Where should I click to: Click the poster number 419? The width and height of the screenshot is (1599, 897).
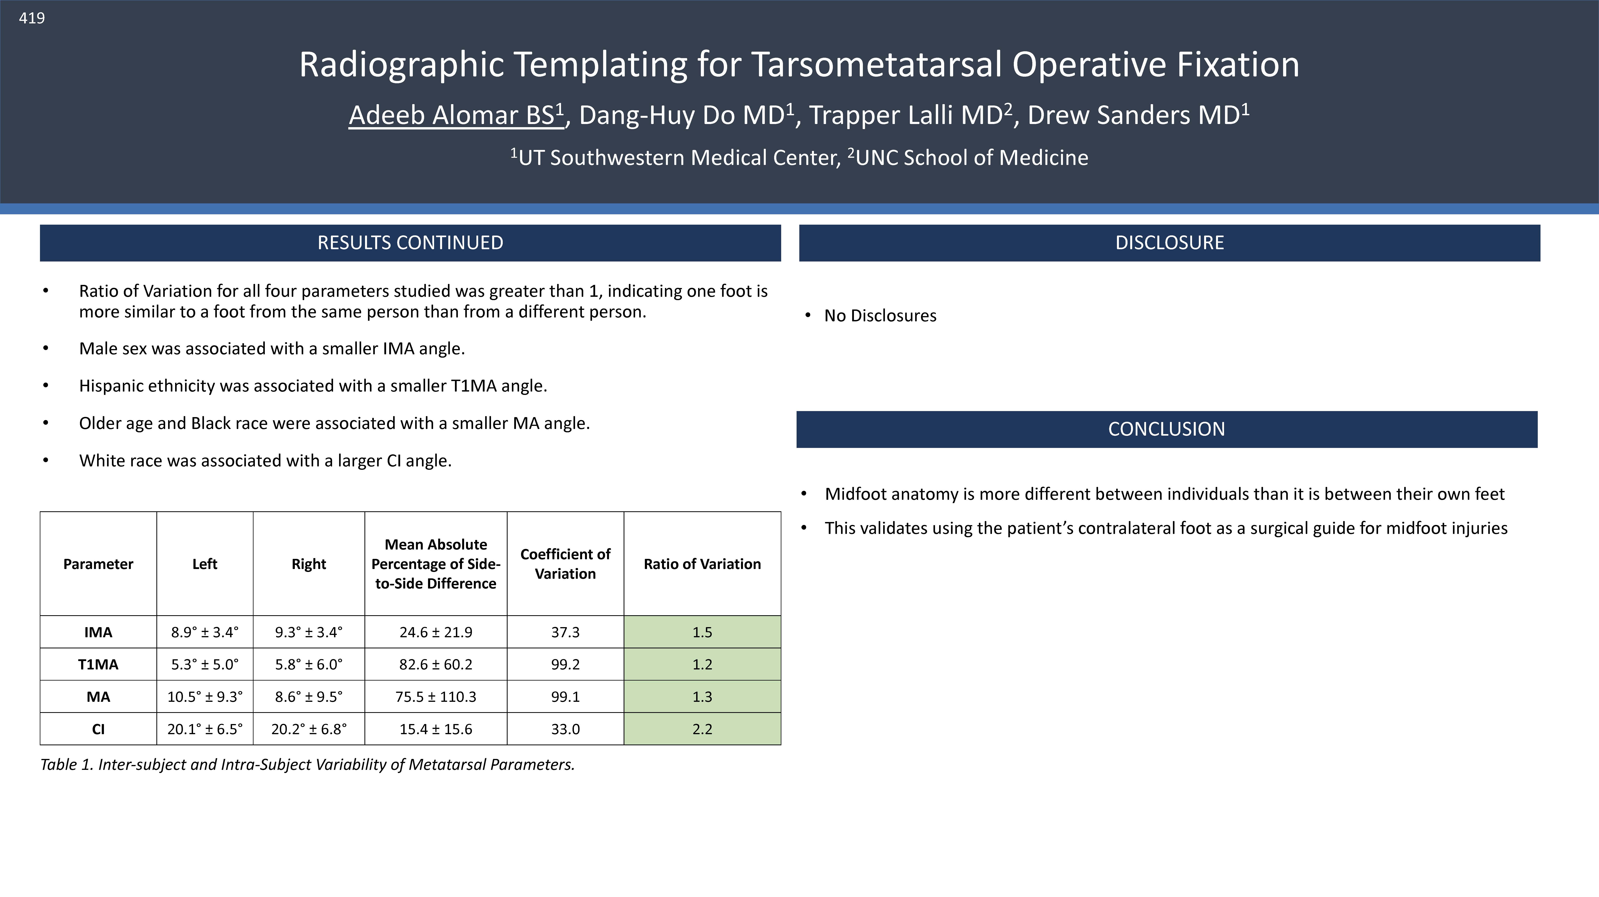[x=32, y=18]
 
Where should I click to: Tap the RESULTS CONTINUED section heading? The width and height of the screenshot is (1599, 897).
[x=410, y=243]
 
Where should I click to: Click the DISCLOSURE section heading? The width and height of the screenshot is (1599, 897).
[x=1169, y=243]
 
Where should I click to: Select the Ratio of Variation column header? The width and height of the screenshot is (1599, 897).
[x=702, y=564]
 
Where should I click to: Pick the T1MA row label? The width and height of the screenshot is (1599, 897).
[x=98, y=664]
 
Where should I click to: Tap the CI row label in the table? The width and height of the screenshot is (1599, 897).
[x=98, y=729]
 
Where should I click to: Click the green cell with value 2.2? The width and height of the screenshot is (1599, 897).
[x=702, y=729]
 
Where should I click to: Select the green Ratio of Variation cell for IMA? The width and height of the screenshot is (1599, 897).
[x=702, y=632]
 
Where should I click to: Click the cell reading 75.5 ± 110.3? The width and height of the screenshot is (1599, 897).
[x=436, y=697]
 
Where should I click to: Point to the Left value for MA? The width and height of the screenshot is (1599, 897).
[x=205, y=697]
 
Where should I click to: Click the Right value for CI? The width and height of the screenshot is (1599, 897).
[x=308, y=729]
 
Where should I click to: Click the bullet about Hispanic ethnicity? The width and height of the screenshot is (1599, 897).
[x=313, y=386]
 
